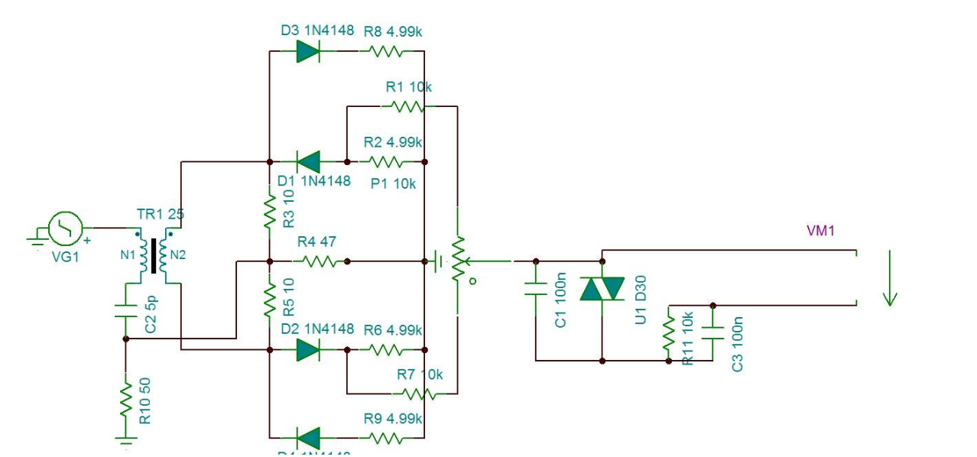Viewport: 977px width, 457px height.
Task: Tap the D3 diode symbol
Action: tap(307, 51)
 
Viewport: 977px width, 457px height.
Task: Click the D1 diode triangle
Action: tap(308, 161)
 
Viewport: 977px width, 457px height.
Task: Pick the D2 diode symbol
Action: tap(307, 349)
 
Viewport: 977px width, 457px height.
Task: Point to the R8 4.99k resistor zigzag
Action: tap(386, 51)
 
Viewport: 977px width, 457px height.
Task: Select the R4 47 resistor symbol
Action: tap(320, 261)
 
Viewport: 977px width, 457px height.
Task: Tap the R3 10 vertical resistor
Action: tap(269, 213)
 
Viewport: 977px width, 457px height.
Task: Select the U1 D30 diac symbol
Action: tap(602, 289)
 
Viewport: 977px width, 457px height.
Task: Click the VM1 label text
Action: tap(820, 230)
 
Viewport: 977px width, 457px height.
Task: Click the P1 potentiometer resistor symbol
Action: tap(457, 260)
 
